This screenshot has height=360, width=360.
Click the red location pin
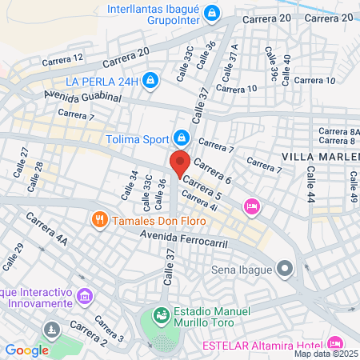[180, 163]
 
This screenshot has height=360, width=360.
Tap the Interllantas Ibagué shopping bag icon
[211, 14]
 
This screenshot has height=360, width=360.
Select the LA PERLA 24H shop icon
[152, 81]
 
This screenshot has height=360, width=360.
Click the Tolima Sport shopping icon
[182, 138]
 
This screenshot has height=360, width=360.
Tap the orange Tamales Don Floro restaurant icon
[100, 218]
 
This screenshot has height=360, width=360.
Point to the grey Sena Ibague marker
[286, 268]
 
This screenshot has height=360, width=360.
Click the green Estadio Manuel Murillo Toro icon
[162, 314]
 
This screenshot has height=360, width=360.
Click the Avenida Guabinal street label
[82, 97]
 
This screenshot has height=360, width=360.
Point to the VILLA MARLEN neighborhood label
[321, 156]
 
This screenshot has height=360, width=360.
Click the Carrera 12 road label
[62, 58]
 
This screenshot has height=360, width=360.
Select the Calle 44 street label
[309, 186]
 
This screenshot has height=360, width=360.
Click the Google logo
[26, 350]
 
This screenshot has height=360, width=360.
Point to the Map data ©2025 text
[326, 354]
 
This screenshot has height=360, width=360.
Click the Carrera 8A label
[340, 132]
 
